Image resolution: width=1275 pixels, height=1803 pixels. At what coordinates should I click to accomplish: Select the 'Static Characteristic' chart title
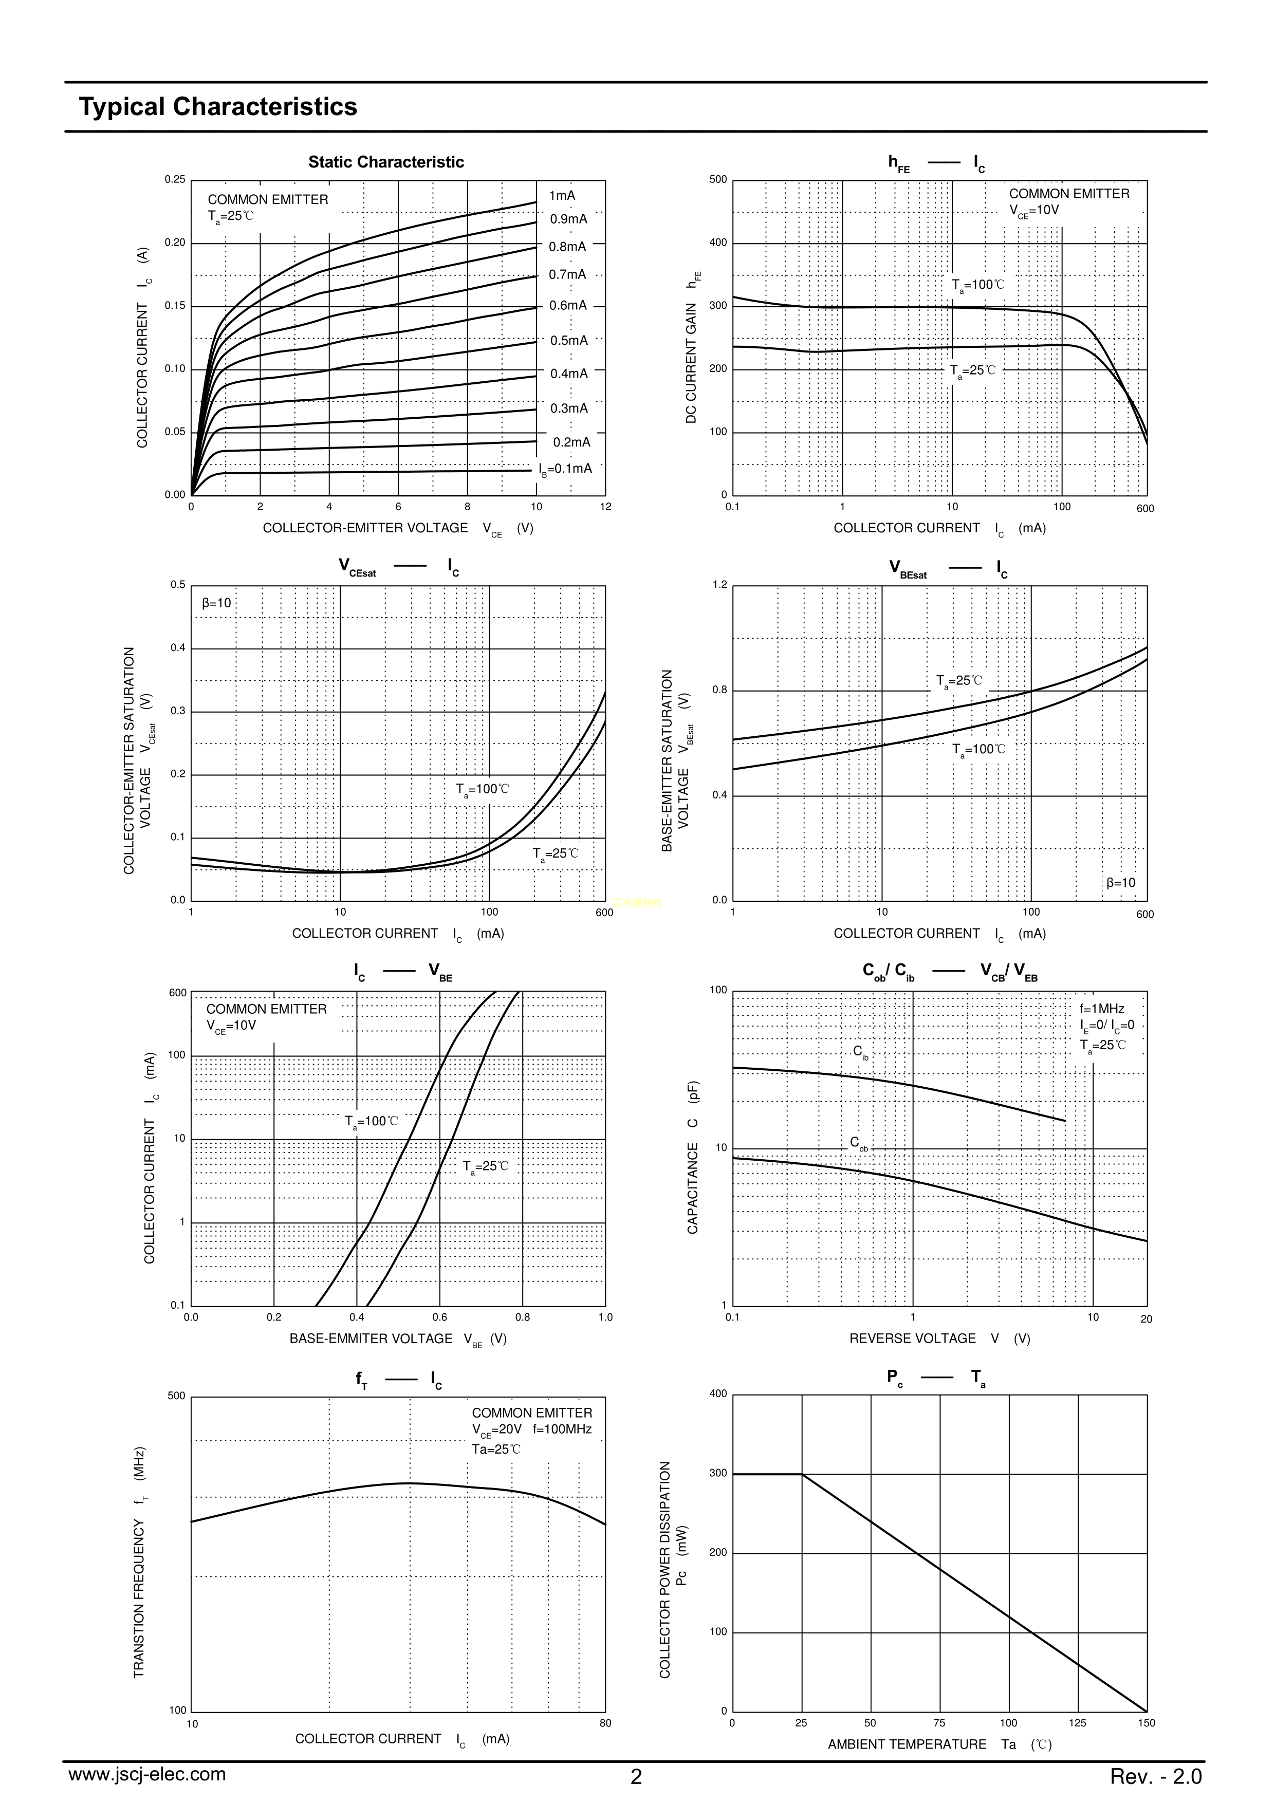[386, 162]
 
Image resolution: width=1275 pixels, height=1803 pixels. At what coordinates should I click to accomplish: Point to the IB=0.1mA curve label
[565, 469]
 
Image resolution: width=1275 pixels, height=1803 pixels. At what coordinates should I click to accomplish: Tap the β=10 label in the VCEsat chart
[217, 603]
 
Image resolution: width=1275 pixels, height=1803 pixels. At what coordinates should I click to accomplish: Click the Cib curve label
[861, 1051]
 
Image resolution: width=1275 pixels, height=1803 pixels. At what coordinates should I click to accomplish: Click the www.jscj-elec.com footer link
[147, 1774]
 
